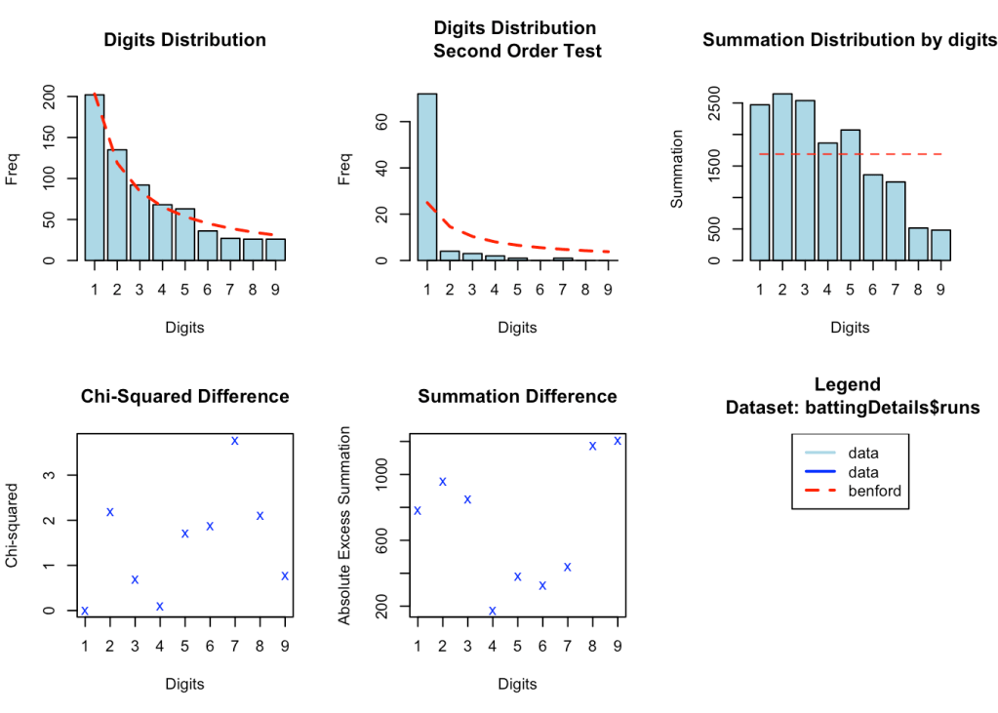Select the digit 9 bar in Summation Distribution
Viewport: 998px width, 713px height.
click(x=940, y=245)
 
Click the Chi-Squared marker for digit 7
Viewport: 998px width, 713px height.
click(x=235, y=441)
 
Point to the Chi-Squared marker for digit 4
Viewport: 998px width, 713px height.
click(x=160, y=607)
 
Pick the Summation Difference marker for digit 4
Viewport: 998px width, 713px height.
click(x=493, y=611)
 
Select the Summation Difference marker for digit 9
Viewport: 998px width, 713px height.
click(x=618, y=441)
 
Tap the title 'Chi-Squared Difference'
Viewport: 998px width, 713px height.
click(x=184, y=396)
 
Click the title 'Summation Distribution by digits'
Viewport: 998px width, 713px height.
click(x=850, y=40)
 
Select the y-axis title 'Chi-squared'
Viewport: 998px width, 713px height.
click(x=13, y=525)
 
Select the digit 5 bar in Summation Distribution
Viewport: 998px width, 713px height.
click(x=850, y=195)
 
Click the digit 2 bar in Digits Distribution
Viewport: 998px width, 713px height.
click(x=117, y=205)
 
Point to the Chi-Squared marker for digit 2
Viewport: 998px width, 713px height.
click(x=110, y=512)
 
